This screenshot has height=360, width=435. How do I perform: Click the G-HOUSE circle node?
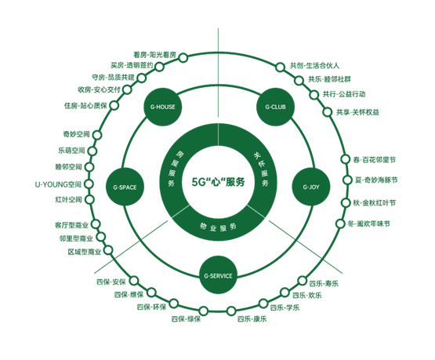(x=162, y=107)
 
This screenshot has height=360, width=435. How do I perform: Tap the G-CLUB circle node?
(x=275, y=107)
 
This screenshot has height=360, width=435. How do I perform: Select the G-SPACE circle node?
(x=125, y=187)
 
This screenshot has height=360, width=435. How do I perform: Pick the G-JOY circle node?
(x=311, y=187)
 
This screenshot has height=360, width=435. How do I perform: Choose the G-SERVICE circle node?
(x=218, y=275)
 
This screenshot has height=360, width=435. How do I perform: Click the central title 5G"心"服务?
(x=219, y=182)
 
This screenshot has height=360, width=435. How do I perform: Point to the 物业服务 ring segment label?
(x=218, y=227)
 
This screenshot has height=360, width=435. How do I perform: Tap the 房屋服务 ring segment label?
(x=174, y=169)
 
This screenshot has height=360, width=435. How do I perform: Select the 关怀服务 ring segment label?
(x=262, y=169)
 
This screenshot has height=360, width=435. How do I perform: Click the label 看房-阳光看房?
(x=155, y=55)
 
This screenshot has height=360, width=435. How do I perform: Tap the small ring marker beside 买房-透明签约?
(x=159, y=67)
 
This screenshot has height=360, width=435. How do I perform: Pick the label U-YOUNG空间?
(x=58, y=184)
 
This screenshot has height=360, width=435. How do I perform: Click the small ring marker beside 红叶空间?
(x=89, y=199)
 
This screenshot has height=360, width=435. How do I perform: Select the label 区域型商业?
(x=85, y=252)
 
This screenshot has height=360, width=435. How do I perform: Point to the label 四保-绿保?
(x=186, y=319)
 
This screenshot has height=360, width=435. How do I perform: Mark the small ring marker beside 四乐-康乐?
(x=230, y=311)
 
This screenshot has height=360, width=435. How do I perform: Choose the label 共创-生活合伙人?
(x=314, y=66)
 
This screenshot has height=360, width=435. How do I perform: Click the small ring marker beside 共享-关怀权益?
(x=328, y=112)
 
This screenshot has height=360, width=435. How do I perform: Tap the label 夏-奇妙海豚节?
(x=376, y=180)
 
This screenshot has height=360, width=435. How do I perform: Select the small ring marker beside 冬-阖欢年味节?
(x=340, y=224)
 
